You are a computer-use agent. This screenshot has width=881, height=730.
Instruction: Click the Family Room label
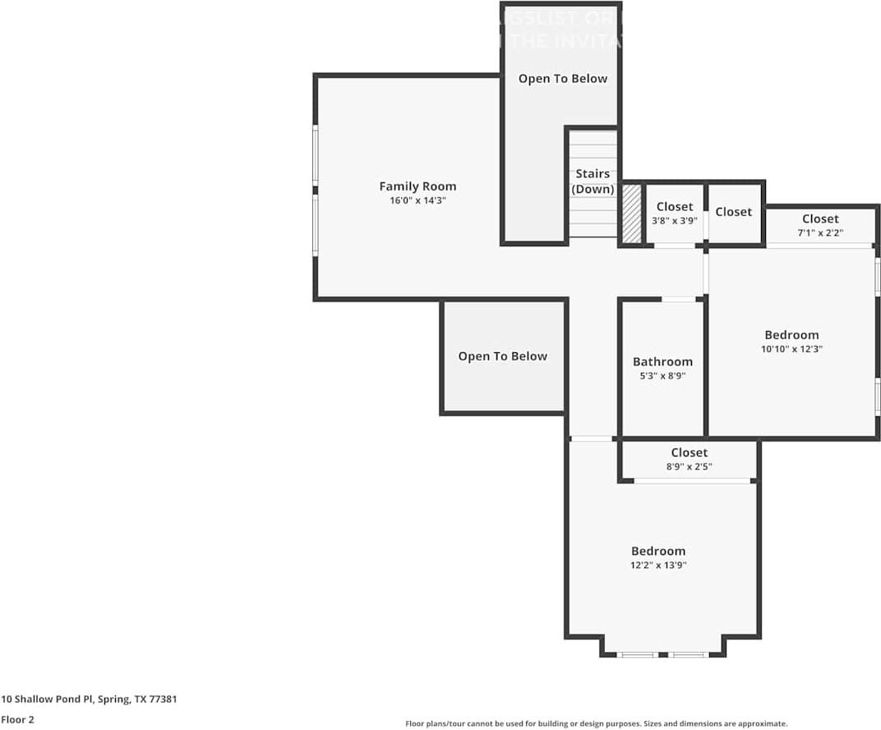(417, 186)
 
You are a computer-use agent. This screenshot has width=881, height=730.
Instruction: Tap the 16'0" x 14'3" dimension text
(417, 200)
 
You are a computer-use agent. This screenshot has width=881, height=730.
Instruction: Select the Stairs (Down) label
(593, 181)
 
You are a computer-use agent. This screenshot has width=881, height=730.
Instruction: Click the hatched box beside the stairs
(631, 213)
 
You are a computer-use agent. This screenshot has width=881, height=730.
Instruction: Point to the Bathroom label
(662, 361)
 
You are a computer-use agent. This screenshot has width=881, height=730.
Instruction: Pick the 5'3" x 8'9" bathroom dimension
(662, 375)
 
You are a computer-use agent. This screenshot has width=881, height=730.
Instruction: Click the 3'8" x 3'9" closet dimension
(675, 220)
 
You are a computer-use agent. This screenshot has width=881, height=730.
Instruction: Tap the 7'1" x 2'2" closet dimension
(820, 232)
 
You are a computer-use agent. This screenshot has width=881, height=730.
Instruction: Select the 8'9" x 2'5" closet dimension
(689, 466)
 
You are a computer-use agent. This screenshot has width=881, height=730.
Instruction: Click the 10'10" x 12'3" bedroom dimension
(791, 348)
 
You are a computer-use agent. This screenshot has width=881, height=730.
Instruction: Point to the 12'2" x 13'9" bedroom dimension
(658, 565)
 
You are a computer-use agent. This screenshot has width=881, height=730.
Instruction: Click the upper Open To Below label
(563, 79)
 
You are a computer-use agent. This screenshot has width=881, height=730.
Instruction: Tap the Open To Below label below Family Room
(502, 356)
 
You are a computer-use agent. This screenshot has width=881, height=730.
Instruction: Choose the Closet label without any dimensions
(733, 212)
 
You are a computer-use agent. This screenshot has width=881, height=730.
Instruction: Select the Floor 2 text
(17, 719)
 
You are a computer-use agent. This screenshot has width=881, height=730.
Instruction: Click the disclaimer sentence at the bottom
(596, 723)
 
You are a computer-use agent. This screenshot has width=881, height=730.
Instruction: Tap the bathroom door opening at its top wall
(679, 299)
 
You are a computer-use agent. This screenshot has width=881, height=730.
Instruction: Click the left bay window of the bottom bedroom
(638, 654)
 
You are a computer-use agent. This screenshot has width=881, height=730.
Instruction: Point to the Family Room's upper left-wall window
(315, 155)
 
